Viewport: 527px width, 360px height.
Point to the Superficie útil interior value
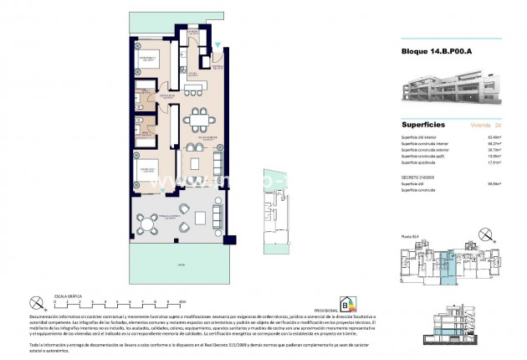click(495, 136)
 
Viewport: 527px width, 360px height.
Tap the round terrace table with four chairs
click(151, 224)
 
